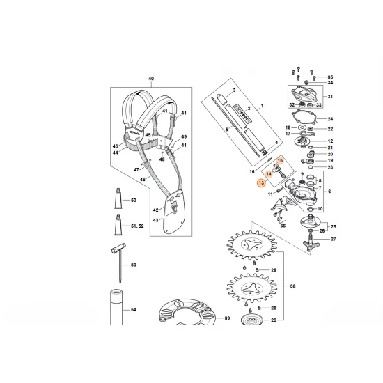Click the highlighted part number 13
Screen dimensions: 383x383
(261, 182)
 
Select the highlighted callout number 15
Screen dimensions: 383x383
(281, 160)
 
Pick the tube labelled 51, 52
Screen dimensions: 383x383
(119, 225)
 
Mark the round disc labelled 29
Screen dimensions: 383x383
(248, 321)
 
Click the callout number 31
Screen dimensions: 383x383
(331, 97)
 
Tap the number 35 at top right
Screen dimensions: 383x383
(331, 77)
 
